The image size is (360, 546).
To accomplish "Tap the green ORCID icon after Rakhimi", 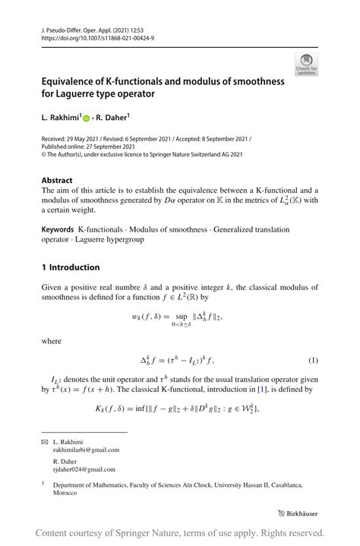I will (x=87, y=118).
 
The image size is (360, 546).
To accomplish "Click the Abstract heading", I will (x=57, y=180).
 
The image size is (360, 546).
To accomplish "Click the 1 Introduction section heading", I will (x=71, y=267).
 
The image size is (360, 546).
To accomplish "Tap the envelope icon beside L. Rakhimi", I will (x=44, y=440).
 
